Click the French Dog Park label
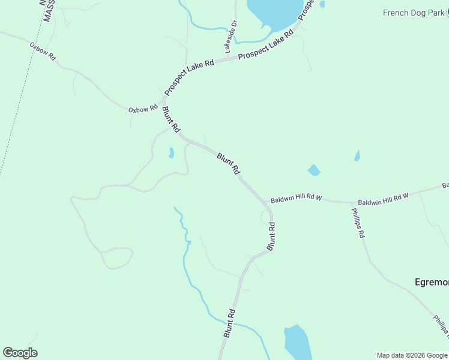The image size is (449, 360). (413, 13)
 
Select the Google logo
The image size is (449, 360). (20, 353)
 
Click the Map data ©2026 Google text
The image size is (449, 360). (412, 355)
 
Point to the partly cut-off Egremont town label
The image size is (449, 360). (432, 281)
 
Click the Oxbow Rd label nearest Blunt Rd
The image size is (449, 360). (142, 109)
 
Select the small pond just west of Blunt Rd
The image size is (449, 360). (171, 153)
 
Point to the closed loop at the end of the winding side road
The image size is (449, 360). (117, 258)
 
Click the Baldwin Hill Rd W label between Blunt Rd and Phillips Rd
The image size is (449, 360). (297, 199)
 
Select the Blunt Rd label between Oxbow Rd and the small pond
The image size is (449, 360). (171, 119)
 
